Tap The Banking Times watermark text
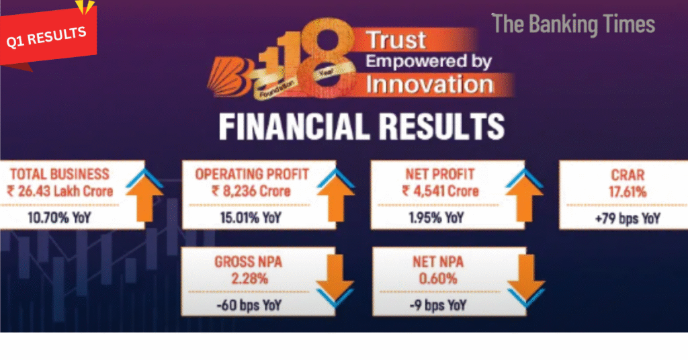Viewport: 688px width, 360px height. (x=574, y=24)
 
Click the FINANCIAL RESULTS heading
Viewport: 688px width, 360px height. (x=361, y=127)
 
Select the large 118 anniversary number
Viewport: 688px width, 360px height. (x=307, y=57)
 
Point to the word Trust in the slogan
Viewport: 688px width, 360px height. (x=396, y=40)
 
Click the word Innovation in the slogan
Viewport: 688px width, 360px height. (x=429, y=84)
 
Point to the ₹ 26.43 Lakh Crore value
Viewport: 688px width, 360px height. (x=60, y=191)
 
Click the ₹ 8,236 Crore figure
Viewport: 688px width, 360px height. (x=251, y=191)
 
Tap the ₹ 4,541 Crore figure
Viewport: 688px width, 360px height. (x=440, y=191)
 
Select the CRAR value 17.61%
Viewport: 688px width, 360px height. (x=628, y=192)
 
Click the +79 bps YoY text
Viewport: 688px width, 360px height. (x=628, y=218)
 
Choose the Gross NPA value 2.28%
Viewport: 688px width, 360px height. (x=249, y=279)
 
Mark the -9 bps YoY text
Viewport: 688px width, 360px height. (x=437, y=305)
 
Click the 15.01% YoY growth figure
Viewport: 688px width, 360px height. (x=251, y=218)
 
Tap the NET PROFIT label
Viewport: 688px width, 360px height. (x=439, y=174)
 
